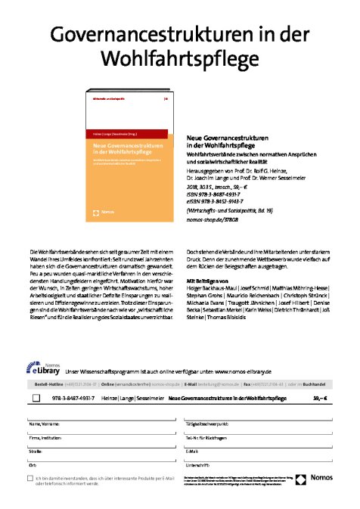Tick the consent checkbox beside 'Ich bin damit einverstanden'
pyautogui.click(x=30, y=479)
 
